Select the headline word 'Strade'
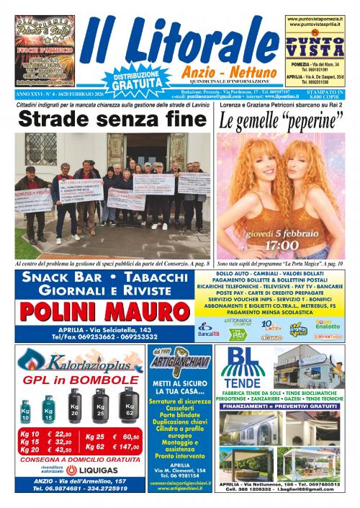point(59,119)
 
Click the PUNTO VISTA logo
point(314,48)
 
